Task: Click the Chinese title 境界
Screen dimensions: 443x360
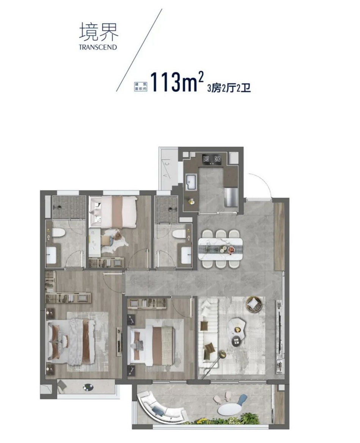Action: click(99, 33)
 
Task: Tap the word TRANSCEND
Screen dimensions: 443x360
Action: click(97, 47)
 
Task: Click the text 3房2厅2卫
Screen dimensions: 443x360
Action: click(229, 88)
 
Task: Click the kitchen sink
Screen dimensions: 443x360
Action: click(190, 181)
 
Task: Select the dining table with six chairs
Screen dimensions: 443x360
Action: click(220, 249)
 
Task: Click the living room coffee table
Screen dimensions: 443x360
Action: click(237, 328)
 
